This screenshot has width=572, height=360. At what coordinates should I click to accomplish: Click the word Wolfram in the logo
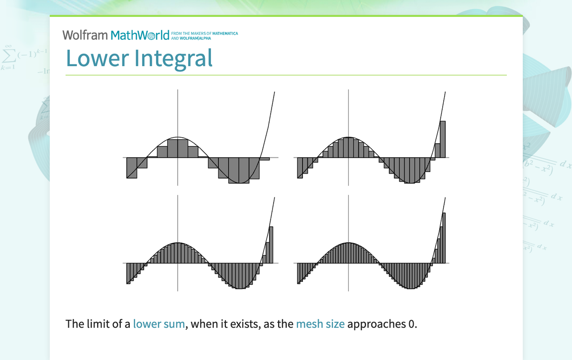click(x=85, y=35)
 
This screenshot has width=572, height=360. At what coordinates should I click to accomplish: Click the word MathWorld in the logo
click(x=140, y=35)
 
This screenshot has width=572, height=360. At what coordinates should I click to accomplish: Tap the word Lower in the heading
click(x=96, y=58)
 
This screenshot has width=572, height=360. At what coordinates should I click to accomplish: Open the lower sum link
click(x=159, y=324)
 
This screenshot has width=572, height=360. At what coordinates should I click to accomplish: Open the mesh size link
click(x=320, y=324)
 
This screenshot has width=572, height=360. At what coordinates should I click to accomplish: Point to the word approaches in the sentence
click(x=376, y=324)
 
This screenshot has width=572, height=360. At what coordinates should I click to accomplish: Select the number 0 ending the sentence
click(x=411, y=324)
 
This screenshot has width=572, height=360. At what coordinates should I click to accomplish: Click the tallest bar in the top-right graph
click(x=443, y=139)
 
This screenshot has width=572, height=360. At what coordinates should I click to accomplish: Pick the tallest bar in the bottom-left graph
click(x=271, y=245)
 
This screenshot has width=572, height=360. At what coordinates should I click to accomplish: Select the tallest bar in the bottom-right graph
click(x=444, y=238)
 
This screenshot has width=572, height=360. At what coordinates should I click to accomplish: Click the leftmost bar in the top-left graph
click(x=132, y=168)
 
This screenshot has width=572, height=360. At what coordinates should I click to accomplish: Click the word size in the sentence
click(x=334, y=324)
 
